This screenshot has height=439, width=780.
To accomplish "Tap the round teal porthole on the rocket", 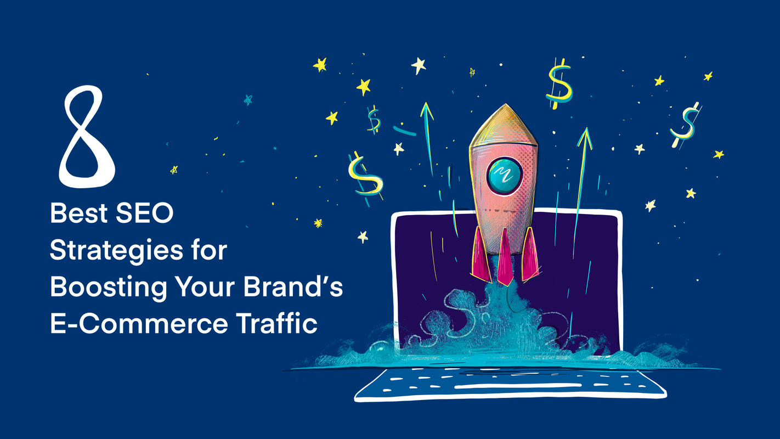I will pyautogui.click(x=504, y=176).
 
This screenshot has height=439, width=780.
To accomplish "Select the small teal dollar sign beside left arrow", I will pyautogui.click(x=374, y=120).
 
